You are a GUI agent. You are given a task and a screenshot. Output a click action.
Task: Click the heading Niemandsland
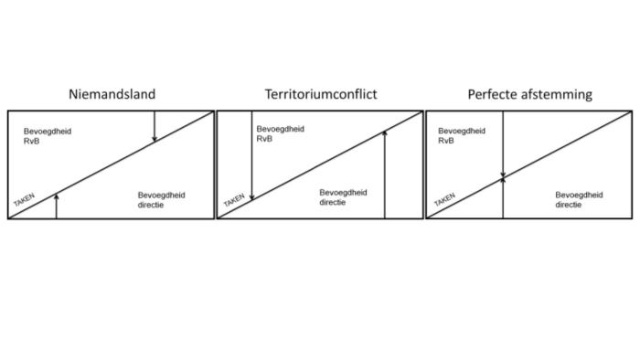point(110,94)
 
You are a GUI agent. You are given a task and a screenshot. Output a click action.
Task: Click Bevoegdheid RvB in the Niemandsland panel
point(48,137)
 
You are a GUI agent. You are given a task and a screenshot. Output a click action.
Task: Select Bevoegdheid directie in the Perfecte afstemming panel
point(580,200)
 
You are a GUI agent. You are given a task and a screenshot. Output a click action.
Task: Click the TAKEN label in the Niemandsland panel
point(26,200)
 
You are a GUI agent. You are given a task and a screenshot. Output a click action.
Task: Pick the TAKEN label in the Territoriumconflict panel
point(234,200)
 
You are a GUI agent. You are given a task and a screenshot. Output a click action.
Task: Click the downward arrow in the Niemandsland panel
point(155,126)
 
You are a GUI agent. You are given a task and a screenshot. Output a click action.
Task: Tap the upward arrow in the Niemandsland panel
point(57,206)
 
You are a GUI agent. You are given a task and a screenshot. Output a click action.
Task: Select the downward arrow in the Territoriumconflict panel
point(250,155)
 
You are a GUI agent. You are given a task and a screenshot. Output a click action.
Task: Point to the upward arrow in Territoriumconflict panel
point(385,174)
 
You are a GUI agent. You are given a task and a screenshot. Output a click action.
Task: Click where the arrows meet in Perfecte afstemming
point(503,178)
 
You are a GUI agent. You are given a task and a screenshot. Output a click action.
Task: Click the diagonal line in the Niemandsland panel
point(110,165)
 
